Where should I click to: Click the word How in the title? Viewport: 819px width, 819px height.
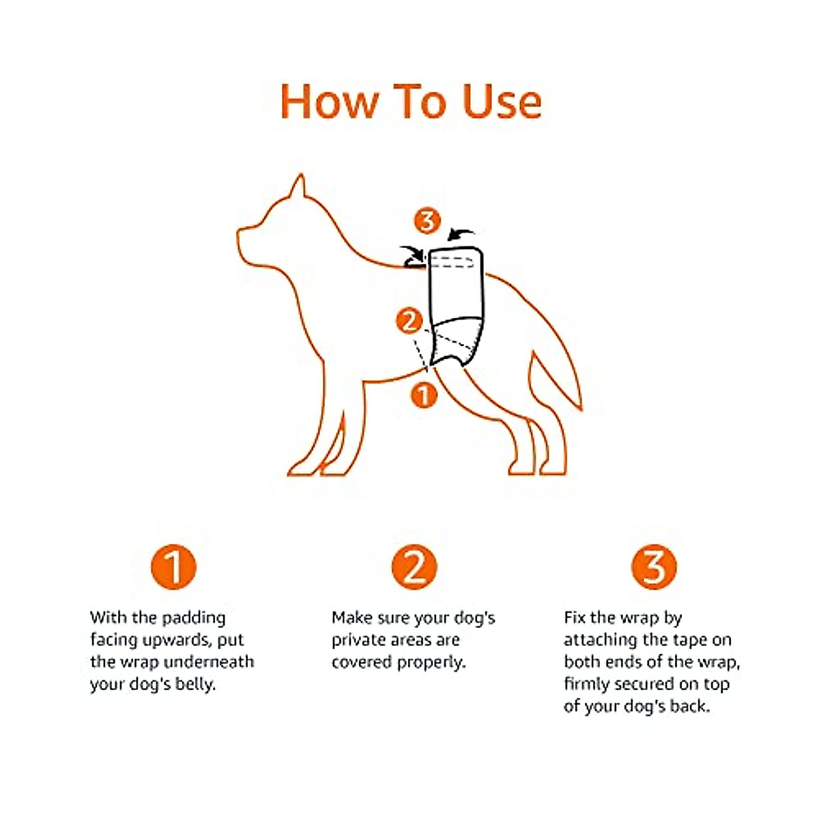(330, 102)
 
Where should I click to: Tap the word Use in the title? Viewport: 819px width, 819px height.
(502, 102)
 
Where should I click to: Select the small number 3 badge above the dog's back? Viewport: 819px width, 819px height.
(427, 221)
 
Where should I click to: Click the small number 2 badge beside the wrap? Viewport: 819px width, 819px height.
(409, 321)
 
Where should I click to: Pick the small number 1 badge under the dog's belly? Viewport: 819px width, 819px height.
(424, 394)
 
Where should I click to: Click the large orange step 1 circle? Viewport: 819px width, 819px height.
(173, 567)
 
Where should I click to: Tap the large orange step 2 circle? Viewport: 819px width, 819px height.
(414, 567)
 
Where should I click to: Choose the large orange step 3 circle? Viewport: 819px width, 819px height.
(654, 567)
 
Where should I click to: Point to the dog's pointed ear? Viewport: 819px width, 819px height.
(298, 187)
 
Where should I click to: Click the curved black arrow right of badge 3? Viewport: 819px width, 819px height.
(461, 235)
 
